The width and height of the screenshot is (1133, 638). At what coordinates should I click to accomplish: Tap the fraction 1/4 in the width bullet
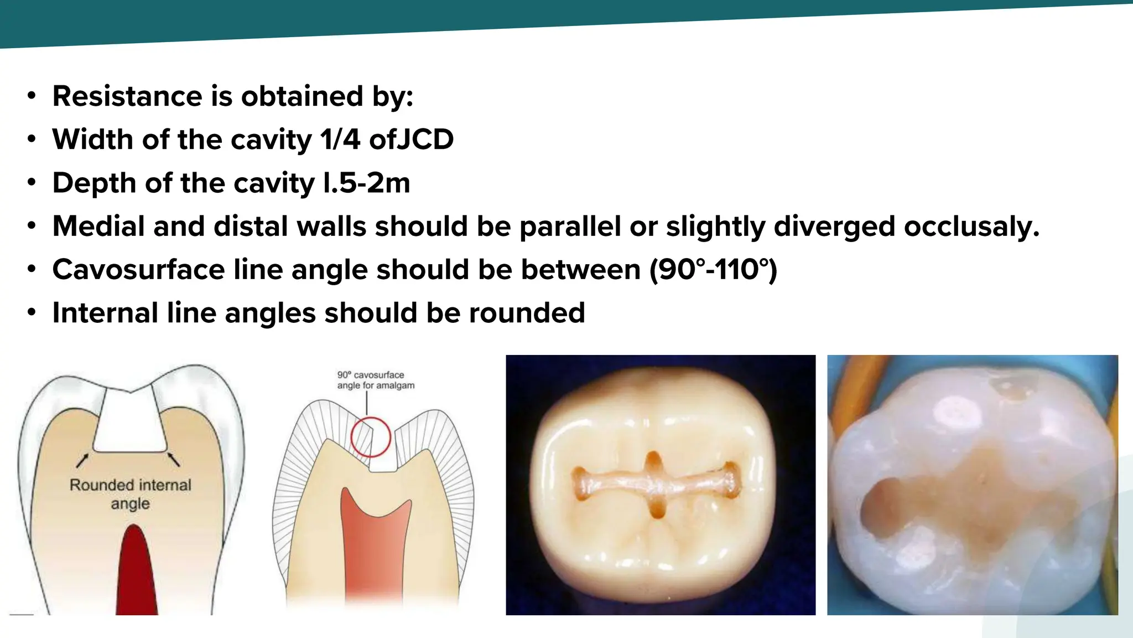(x=340, y=140)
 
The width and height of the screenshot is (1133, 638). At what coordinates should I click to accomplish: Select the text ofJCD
(x=411, y=140)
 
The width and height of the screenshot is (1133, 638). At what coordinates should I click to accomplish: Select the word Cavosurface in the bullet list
(x=138, y=270)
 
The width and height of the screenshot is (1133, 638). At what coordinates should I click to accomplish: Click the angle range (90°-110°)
(x=713, y=270)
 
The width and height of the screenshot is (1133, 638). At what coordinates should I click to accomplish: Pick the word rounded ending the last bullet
(x=527, y=313)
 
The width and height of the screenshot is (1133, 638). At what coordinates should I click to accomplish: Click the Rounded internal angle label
(x=130, y=494)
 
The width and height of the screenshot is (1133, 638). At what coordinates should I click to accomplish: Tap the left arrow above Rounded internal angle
(x=82, y=460)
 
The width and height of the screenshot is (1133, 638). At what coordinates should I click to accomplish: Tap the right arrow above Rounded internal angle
(x=173, y=460)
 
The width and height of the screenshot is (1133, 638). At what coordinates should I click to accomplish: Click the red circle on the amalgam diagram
(x=371, y=437)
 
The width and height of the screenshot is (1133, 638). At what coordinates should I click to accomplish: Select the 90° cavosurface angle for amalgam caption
(x=376, y=380)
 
